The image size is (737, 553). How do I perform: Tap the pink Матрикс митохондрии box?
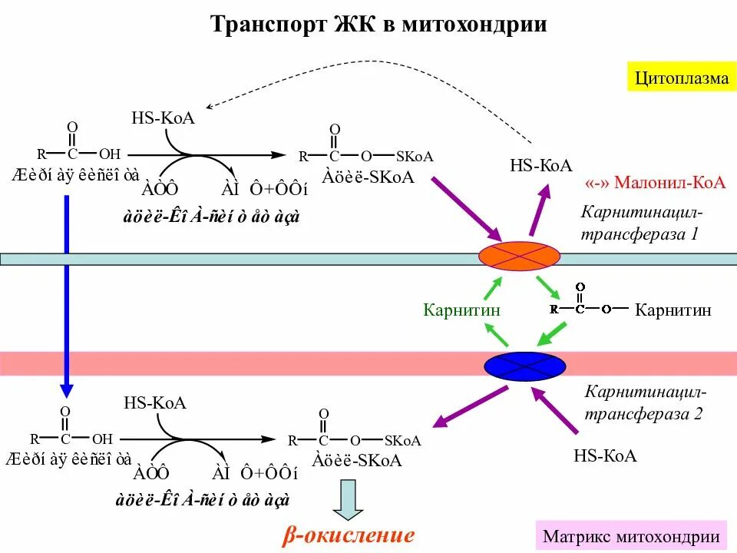[x=631, y=536]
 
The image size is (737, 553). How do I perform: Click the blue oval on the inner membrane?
[x=524, y=365]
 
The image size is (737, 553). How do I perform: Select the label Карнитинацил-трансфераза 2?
[x=643, y=404]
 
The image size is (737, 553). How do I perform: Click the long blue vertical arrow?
[x=67, y=292]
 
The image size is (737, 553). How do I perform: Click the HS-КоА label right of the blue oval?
[x=605, y=455]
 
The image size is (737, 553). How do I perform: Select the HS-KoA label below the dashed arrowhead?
[x=163, y=118]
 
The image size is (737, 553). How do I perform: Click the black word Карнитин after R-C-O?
[x=673, y=310]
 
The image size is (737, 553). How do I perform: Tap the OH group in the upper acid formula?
[x=110, y=153]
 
